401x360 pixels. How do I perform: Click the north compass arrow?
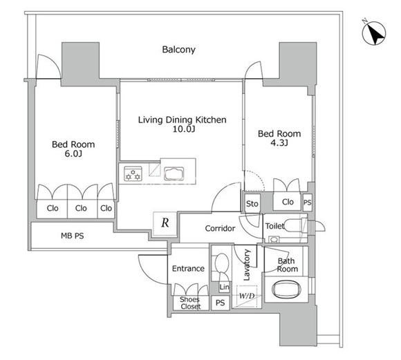point(375,34)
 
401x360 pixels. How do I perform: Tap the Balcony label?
point(179,50)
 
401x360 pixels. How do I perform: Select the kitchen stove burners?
point(133,174)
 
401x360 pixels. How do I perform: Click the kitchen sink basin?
point(174,173)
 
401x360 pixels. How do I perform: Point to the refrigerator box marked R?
point(165,223)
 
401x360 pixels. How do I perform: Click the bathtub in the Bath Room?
point(286,290)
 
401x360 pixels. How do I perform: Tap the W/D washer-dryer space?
point(247,296)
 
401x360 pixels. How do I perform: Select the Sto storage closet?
point(252,204)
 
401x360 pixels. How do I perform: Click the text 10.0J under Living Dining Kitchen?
point(184,129)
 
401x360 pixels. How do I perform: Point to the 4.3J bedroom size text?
point(279,142)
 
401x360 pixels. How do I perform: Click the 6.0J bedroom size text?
point(73,153)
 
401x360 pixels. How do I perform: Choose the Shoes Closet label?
point(190,303)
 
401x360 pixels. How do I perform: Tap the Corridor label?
point(220,228)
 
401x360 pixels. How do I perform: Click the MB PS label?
point(73,236)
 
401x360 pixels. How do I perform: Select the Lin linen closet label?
point(225,287)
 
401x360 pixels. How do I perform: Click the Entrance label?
point(188,269)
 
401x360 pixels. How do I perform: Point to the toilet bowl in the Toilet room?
point(294,225)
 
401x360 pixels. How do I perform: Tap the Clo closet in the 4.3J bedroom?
point(288,202)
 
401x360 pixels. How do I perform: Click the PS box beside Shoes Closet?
point(220,303)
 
